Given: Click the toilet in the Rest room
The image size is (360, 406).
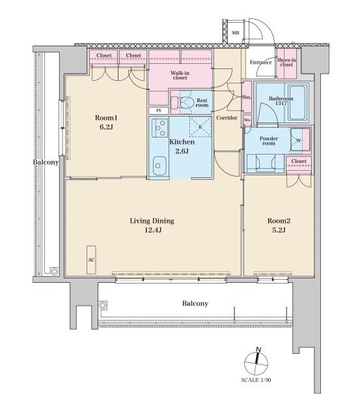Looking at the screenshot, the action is click(183, 102).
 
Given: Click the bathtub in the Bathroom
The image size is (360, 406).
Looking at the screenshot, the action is click(298, 102).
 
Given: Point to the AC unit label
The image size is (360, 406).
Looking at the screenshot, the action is click(91, 260).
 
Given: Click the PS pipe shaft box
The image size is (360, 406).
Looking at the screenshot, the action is click(159, 111).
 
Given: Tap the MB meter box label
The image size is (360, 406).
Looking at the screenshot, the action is click(236, 33).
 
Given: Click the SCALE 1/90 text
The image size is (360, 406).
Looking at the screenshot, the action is click(256, 380).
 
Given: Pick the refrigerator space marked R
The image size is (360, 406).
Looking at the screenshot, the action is click(201, 127).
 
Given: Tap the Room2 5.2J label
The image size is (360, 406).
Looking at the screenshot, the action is click(279, 225).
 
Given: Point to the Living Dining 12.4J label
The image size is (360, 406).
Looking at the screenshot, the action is click(152, 225).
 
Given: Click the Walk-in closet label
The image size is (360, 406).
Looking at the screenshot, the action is click(180, 75).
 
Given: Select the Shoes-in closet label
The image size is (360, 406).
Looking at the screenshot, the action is click(286, 62).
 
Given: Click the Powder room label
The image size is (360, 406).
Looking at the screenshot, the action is click(269, 141).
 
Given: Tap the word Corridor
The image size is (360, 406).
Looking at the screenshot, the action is click(227, 118).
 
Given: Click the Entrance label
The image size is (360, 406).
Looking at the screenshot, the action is click(260, 62).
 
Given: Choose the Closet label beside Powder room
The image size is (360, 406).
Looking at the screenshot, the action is click(299, 161).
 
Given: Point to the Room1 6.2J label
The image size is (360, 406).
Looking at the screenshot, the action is click(106, 123).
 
